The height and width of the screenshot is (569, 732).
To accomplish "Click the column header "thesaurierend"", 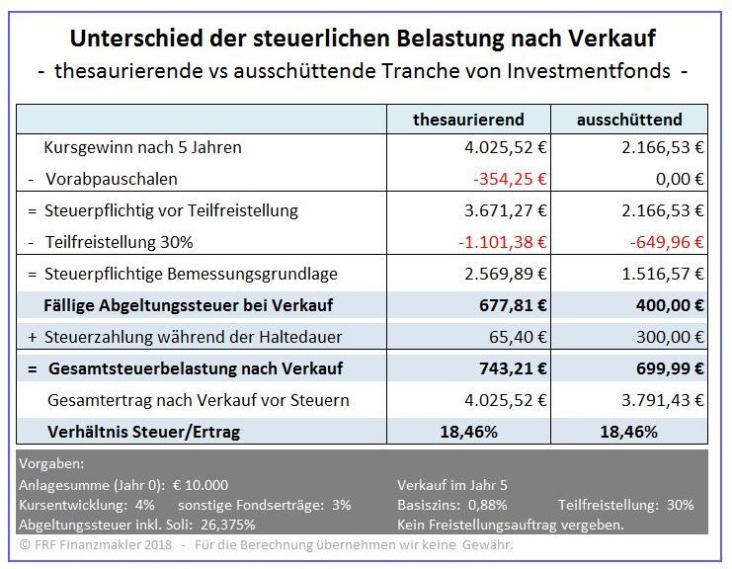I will click(x=468, y=120).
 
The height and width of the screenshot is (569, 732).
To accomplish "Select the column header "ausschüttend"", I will click(x=629, y=120).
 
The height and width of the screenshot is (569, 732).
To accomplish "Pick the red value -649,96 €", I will click(x=668, y=242).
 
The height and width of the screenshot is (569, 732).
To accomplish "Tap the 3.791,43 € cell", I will click(x=664, y=400).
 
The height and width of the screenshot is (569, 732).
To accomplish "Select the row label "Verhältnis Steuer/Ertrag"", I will click(x=143, y=432).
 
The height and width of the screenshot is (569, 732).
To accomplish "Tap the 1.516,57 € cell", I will click(x=664, y=274).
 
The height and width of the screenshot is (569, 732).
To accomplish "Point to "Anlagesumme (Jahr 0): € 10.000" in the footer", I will click(x=123, y=485).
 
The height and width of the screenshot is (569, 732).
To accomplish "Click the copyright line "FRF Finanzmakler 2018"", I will click(x=99, y=545).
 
